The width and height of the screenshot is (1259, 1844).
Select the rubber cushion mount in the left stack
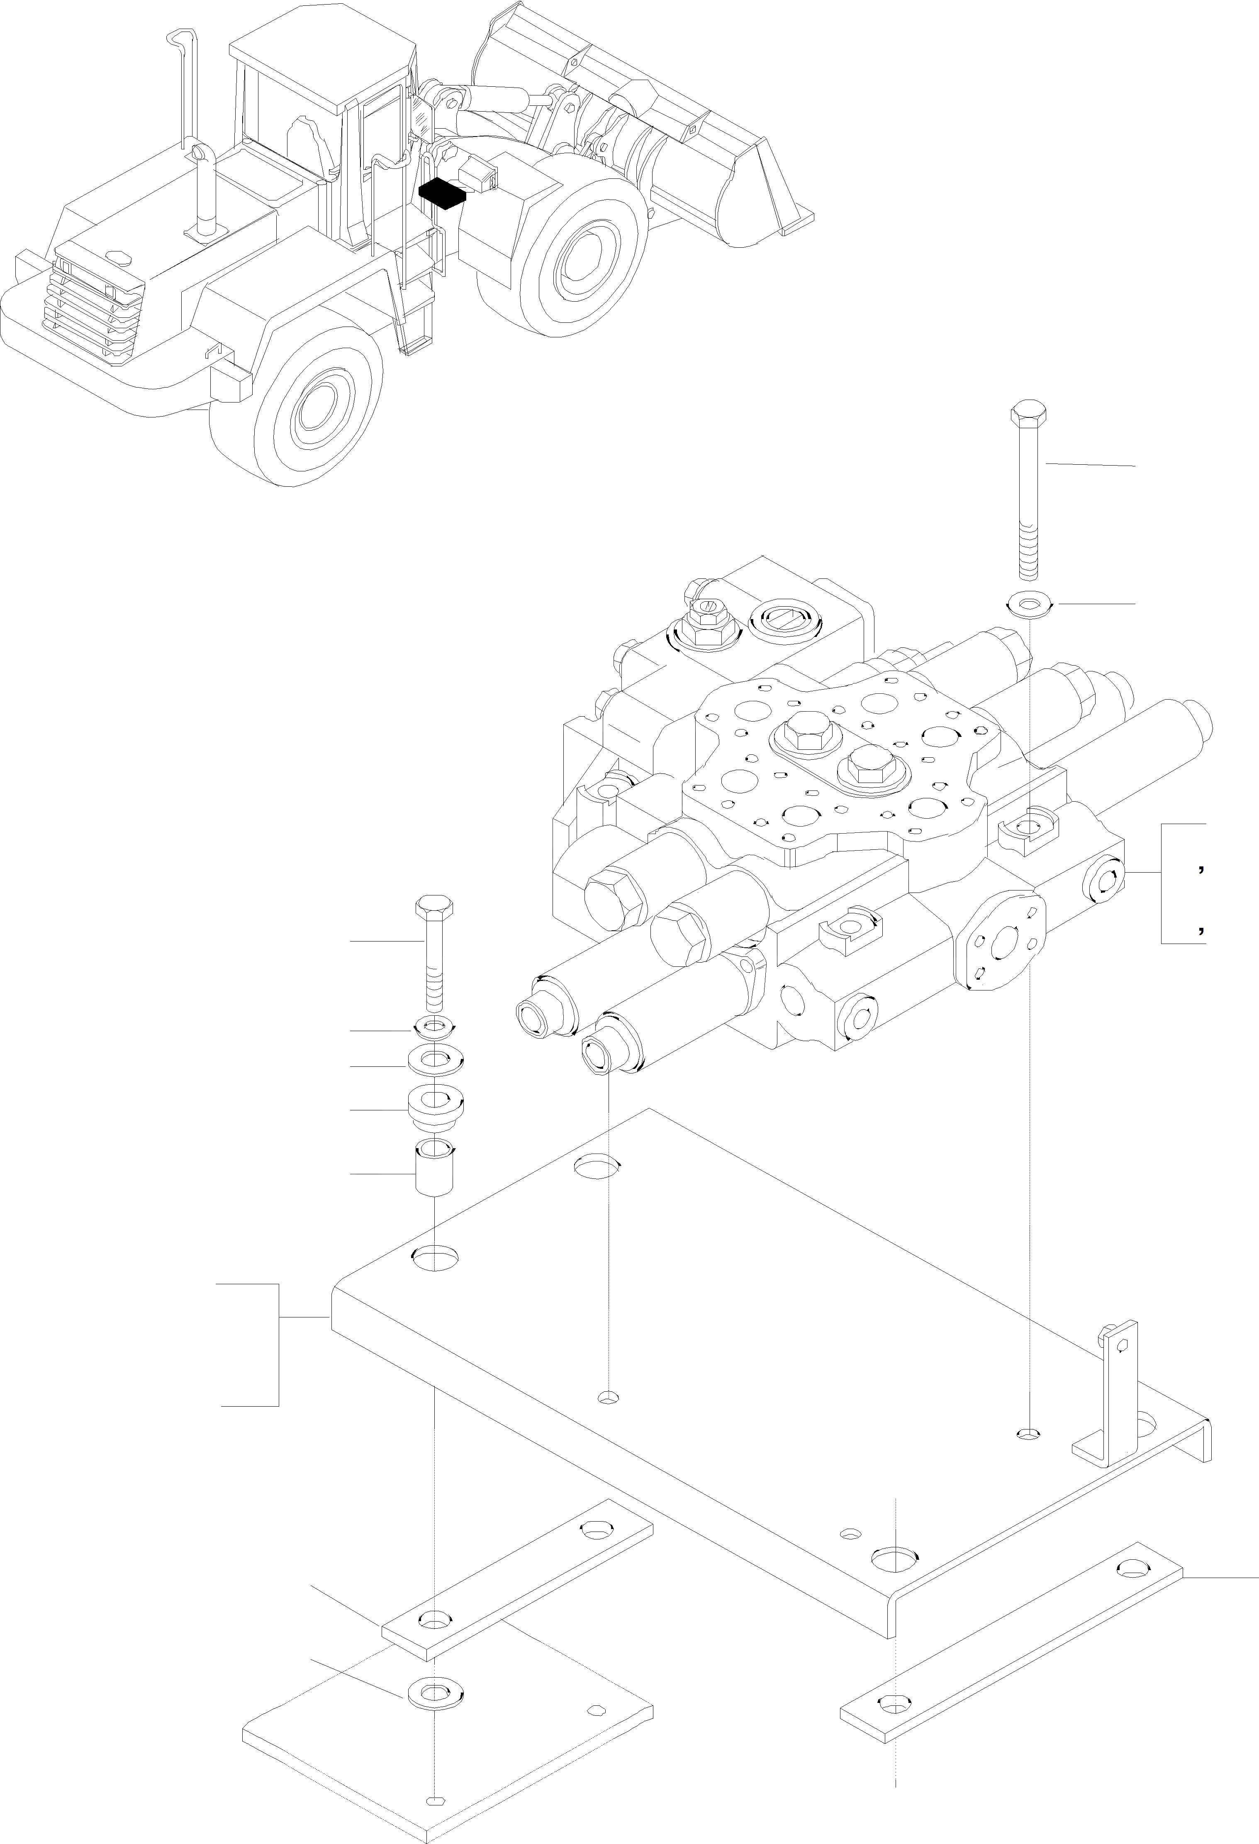(435, 1105)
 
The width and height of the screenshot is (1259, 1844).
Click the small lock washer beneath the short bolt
(435, 1028)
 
